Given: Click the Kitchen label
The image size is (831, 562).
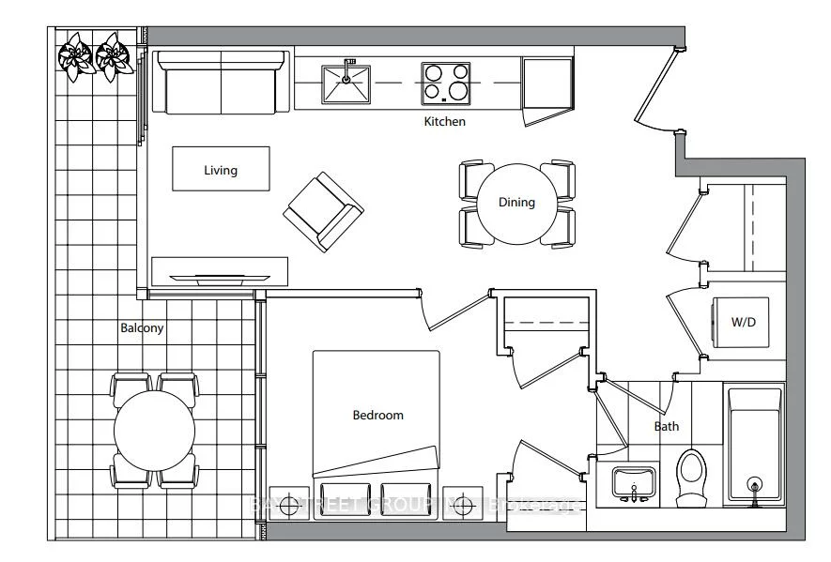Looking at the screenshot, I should (444, 122).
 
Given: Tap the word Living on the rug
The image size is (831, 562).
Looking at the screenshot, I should (221, 170).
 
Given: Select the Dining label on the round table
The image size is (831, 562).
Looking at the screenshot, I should (516, 202).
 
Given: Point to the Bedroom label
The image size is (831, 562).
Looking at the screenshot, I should (377, 415).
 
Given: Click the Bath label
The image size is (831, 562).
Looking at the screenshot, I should (667, 427).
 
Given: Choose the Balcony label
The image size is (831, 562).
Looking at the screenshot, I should (142, 328).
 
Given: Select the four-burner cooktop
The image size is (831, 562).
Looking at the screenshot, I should (446, 83).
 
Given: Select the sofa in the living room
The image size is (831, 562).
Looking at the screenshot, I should (222, 82).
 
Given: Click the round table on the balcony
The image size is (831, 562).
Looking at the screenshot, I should (155, 432).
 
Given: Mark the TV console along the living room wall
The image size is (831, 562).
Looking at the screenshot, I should (220, 270).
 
